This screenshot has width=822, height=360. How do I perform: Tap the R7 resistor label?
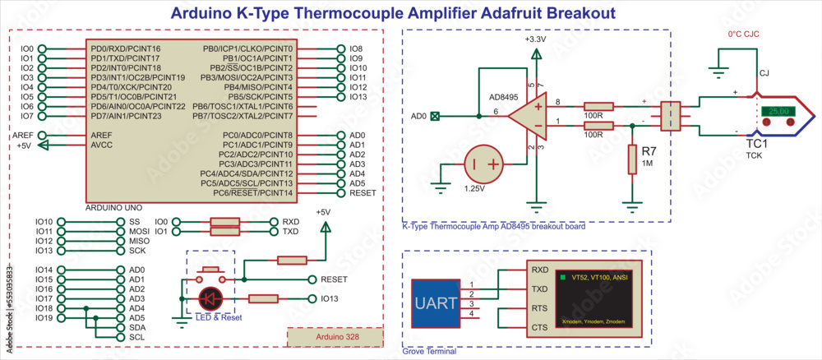[649, 152]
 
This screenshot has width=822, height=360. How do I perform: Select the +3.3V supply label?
[535, 39]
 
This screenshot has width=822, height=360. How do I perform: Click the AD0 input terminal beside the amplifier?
[435, 117]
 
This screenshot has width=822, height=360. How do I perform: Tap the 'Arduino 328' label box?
[335, 337]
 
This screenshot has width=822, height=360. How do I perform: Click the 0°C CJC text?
[746, 35]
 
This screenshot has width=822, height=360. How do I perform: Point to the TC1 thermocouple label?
[756, 143]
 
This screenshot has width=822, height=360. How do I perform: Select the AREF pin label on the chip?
[101, 135]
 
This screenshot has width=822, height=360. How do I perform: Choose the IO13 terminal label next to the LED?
[330, 298]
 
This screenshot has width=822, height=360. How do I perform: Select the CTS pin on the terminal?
[539, 327]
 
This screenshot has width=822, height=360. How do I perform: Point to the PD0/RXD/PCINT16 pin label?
[126, 49]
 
